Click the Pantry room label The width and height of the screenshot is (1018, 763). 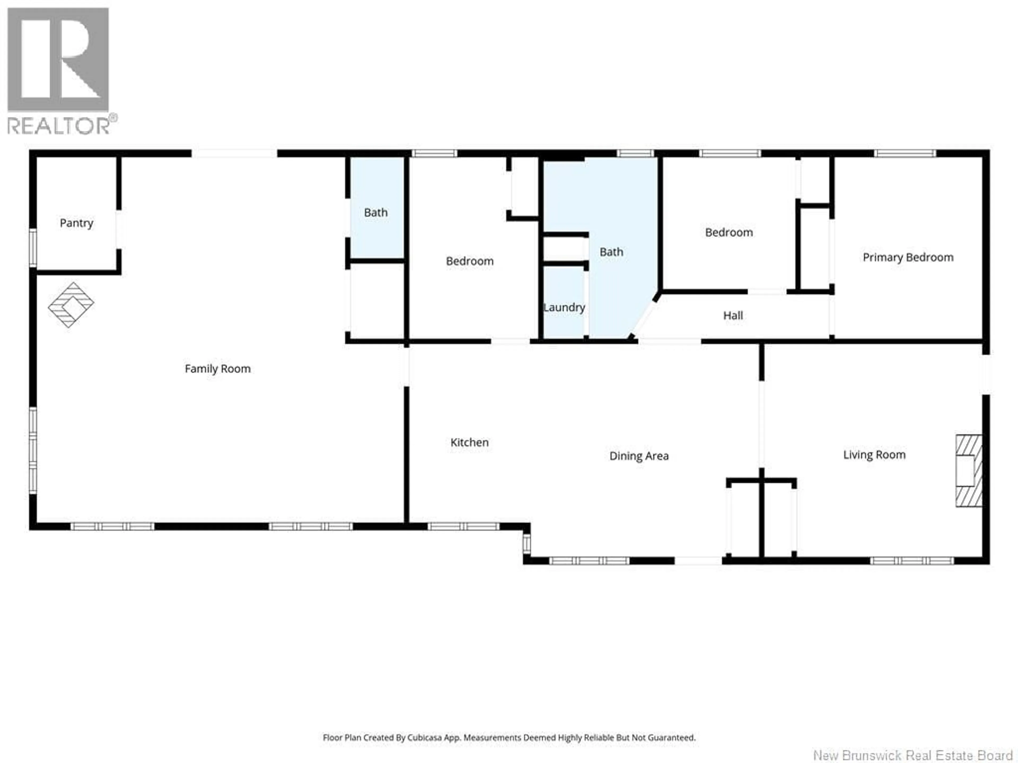click(76, 223)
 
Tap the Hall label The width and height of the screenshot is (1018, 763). click(733, 316)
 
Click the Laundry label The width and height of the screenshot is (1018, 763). click(564, 307)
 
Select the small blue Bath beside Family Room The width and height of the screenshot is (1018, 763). click(376, 212)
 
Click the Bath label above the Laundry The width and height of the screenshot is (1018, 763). click(611, 252)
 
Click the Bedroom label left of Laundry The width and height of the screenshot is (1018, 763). click(469, 261)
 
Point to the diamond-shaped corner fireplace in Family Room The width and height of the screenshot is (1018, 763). click(71, 304)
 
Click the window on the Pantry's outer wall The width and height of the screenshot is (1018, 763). click(33, 248)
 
